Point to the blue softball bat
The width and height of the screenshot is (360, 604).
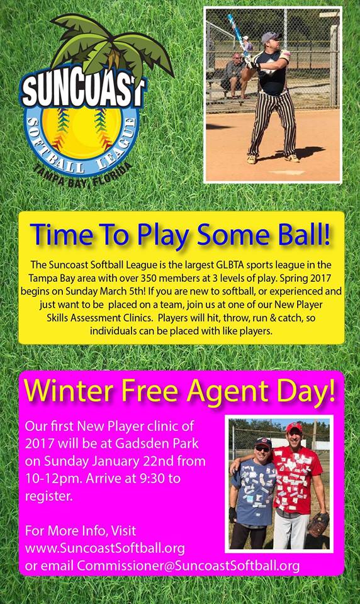[237, 35]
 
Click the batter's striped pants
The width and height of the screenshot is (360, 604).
[273, 123]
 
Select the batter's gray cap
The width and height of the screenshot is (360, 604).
[271, 37]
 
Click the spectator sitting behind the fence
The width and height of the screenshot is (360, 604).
[234, 75]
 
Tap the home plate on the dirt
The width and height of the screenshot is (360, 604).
[288, 172]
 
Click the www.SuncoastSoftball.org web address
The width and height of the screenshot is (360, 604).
[105, 548]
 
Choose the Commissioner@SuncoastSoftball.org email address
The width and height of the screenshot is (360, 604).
[188, 566]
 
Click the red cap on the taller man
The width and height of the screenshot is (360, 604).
[294, 427]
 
